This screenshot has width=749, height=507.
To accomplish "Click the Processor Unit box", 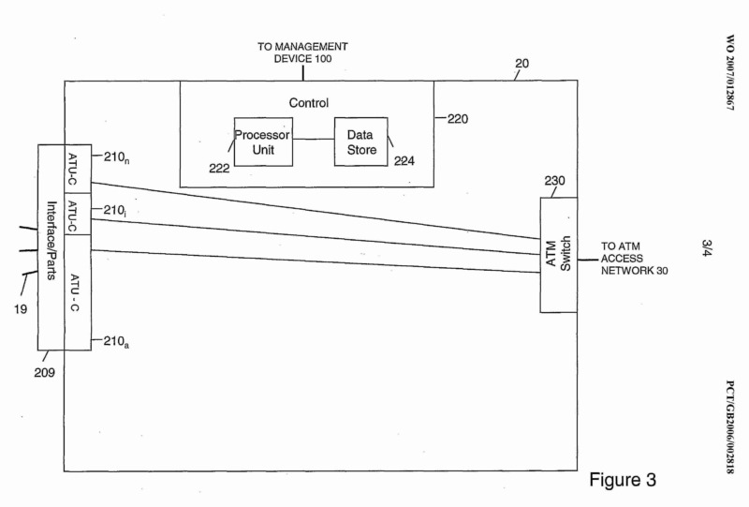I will (x=263, y=142).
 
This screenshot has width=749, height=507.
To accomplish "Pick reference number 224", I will (x=404, y=161).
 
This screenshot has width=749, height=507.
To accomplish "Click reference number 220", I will (x=458, y=119).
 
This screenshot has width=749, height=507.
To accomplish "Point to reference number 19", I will (x=20, y=305).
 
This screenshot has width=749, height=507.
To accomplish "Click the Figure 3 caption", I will (x=623, y=480).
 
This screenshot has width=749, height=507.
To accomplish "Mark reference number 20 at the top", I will (x=522, y=65).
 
